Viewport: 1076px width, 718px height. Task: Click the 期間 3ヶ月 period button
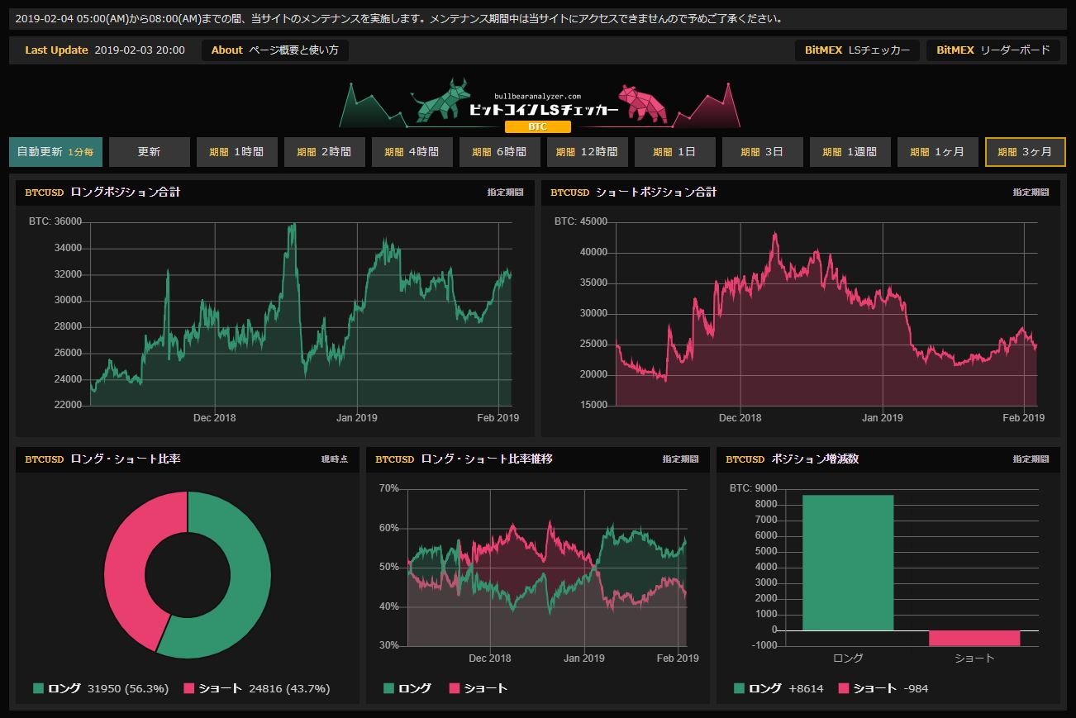click(x=1024, y=152)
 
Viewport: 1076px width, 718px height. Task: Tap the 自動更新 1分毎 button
click(x=55, y=152)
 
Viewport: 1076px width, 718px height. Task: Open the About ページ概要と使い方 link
click(x=274, y=50)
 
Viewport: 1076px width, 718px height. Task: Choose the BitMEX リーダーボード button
click(x=993, y=50)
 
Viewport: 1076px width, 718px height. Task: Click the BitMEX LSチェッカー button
click(x=857, y=50)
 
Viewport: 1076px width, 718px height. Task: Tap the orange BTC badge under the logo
click(x=537, y=127)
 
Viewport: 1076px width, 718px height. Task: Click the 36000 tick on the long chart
click(x=67, y=221)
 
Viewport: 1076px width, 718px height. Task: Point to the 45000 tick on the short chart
click(x=593, y=221)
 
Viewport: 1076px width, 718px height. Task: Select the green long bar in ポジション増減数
click(x=848, y=563)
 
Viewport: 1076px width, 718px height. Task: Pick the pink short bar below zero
click(x=974, y=638)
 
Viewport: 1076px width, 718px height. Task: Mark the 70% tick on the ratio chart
click(x=388, y=488)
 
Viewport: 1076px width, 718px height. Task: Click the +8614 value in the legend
click(x=806, y=688)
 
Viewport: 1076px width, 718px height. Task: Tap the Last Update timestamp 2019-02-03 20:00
click(x=140, y=50)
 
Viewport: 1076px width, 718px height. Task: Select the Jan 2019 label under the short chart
click(x=882, y=418)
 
